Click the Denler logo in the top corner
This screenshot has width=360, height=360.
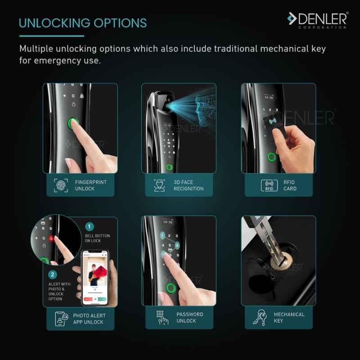(318, 20)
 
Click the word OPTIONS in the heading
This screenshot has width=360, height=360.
(120, 23)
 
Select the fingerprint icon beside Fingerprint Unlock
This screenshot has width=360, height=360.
(61, 185)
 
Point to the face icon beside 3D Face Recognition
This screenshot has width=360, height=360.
(160, 185)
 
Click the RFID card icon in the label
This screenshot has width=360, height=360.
(269, 185)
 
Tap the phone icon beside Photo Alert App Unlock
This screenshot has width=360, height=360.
(61, 319)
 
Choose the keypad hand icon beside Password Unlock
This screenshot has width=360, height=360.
(162, 317)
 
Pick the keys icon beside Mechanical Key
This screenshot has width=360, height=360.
(260, 317)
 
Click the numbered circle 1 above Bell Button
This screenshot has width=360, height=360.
(89, 227)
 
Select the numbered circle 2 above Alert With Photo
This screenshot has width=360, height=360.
(53, 274)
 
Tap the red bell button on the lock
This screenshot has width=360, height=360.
(51, 238)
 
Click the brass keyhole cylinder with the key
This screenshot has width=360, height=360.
(282, 261)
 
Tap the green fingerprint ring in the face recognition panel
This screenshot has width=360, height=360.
(170, 167)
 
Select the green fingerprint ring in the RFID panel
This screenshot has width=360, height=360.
(272, 157)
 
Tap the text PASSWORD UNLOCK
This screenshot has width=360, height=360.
(190, 318)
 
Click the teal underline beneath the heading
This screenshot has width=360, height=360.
(52, 36)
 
